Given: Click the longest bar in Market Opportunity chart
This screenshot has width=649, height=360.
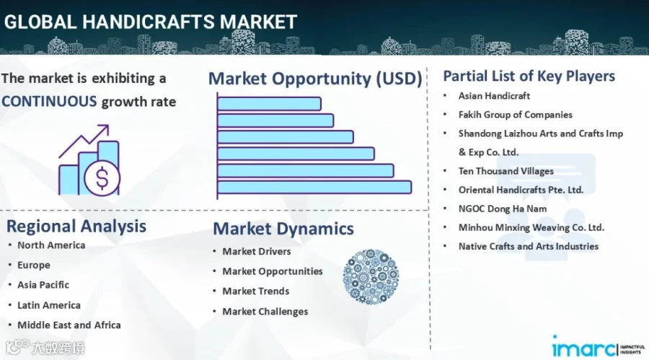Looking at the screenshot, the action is (314, 188).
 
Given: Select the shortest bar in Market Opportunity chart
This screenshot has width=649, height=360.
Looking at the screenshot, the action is (269, 104).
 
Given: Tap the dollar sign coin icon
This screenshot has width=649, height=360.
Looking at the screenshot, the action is (102, 178).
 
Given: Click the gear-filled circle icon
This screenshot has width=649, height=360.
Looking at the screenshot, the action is (371, 277).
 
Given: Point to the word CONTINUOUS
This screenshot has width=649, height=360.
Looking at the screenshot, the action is (49, 102).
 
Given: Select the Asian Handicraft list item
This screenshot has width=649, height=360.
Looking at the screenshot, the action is (494, 96).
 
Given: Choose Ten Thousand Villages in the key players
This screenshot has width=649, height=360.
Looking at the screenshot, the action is (505, 171).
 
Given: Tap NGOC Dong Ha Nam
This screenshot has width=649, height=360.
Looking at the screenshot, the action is (503, 208).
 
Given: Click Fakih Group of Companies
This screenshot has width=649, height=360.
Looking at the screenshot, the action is (516, 115).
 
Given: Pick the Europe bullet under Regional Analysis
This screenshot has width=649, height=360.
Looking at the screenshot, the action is (33, 265).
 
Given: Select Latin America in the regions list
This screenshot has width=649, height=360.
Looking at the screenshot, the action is (49, 305).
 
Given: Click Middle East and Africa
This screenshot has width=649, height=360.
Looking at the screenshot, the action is (69, 325).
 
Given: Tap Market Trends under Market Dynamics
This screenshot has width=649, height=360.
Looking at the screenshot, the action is (256, 291).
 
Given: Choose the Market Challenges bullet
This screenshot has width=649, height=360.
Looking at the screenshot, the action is (265, 312).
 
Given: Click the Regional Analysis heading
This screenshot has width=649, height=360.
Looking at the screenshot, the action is (76, 227).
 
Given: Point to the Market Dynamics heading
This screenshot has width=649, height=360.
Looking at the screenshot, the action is (283, 229).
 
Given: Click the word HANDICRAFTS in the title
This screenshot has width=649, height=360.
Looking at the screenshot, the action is (149, 22).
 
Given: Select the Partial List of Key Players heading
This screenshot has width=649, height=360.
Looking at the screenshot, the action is (529, 76).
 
